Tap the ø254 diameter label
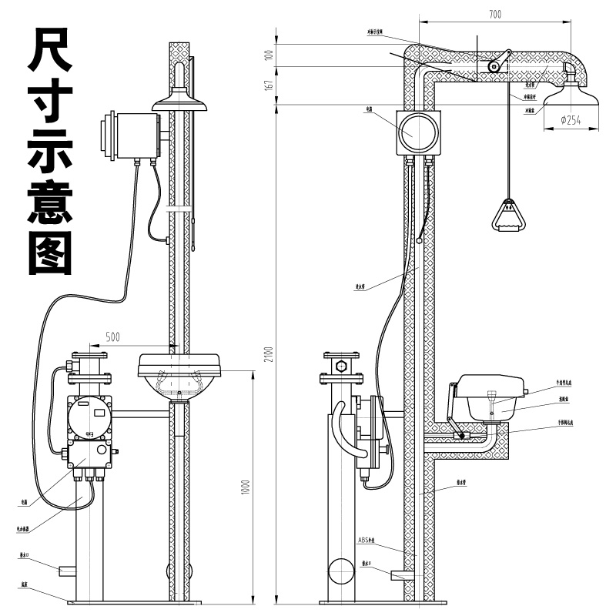point(571,119)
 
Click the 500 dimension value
point(112,336)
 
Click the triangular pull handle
point(507,216)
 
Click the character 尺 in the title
point(51,51)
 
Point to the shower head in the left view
point(180,100)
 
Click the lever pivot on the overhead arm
point(493,68)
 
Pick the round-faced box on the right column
point(418,132)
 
